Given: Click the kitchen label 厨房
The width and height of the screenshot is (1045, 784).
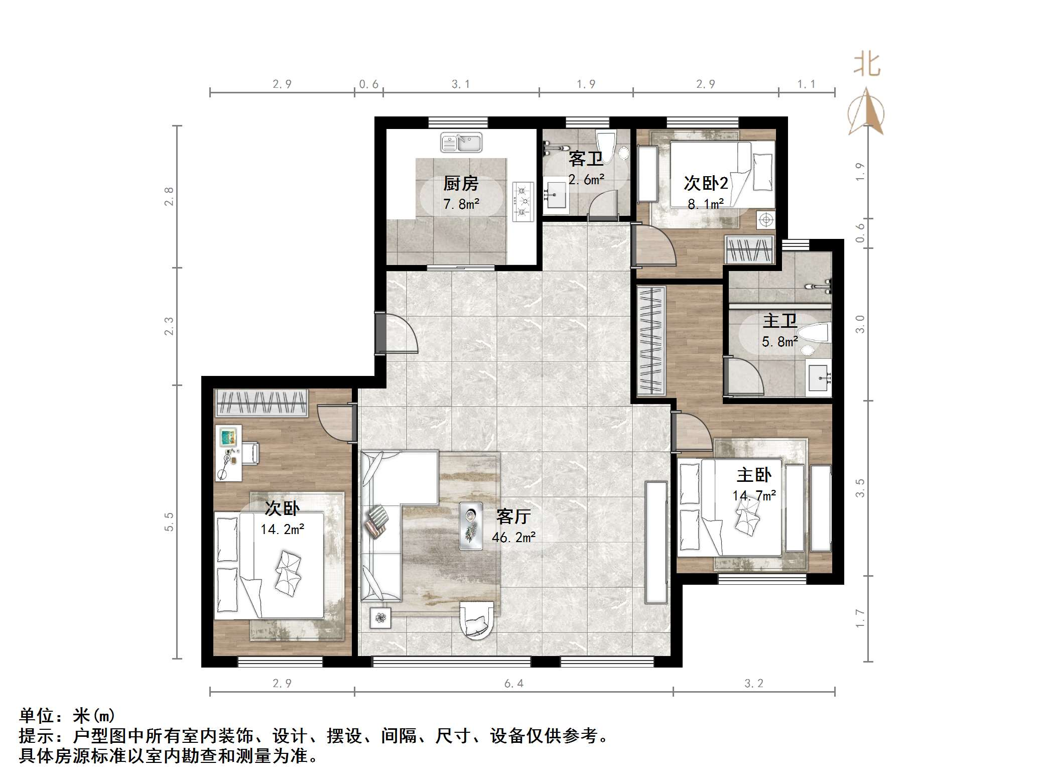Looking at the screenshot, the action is tap(461, 184).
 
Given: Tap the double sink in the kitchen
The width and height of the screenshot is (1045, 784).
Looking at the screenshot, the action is tap(461, 143).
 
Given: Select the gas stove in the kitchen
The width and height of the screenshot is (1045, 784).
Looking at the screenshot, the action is tap(522, 202).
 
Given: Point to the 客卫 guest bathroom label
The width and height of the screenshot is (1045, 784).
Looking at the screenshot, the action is tap(586, 159).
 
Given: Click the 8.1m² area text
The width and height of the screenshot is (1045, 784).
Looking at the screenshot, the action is tap(706, 204).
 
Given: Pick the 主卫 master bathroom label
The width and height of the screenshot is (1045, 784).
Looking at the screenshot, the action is tap(780, 321).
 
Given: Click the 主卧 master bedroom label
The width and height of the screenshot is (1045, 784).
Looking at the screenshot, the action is tap(754, 475).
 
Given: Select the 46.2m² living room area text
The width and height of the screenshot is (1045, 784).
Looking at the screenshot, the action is tap(513, 537).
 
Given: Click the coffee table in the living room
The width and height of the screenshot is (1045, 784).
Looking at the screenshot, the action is tap(471, 526).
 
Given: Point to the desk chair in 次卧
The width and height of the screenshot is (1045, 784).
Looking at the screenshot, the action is tap(250, 453).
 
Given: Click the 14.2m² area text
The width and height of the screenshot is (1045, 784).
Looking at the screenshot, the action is tap(282, 529).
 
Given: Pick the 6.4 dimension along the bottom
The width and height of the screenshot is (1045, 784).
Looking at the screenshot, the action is tap(514, 683).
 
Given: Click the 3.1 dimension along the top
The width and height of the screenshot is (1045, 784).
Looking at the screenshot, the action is tap(461, 84).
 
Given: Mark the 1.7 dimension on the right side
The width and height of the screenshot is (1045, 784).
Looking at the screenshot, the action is tap(860, 618).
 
